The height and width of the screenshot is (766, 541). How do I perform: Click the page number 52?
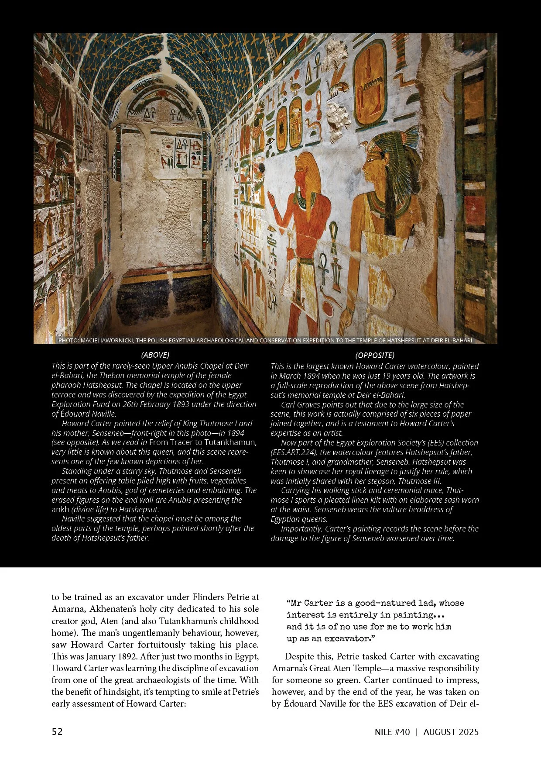(x=57, y=731)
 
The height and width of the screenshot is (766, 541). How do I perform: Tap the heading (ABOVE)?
(x=155, y=355)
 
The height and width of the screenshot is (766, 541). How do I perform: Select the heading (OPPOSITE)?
(x=374, y=355)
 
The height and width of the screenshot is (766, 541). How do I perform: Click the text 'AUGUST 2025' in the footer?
(x=451, y=732)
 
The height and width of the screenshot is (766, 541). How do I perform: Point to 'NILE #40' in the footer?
(x=392, y=732)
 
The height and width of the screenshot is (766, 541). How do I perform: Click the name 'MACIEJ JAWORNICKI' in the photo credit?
(x=108, y=340)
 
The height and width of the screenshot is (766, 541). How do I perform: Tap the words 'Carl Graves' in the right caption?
(x=300, y=404)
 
